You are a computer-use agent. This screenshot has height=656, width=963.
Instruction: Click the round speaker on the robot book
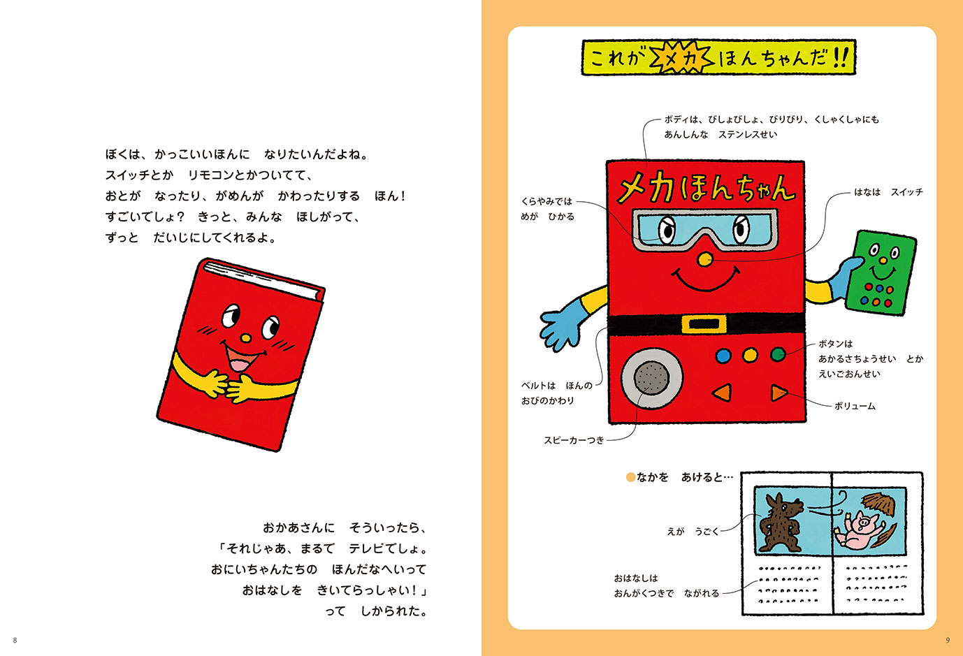tap(651, 378)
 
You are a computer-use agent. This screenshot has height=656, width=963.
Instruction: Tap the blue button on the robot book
tap(723, 356)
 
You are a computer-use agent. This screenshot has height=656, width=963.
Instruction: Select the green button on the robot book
tap(777, 355)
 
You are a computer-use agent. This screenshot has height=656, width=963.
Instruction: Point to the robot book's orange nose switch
tap(705, 260)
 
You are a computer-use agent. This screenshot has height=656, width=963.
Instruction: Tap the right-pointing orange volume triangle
tap(778, 393)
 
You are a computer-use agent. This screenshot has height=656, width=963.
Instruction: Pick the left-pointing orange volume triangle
tap(723, 393)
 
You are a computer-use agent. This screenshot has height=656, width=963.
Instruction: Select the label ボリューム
tap(855, 406)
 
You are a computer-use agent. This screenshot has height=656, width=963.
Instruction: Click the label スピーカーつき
tap(574, 440)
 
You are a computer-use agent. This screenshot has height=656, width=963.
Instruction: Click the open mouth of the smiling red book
tap(239, 362)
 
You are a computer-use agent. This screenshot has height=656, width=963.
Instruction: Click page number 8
tap(15, 640)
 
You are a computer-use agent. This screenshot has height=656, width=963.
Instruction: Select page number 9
tap(948, 640)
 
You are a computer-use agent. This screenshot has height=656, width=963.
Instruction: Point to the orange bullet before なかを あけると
tap(630, 477)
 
